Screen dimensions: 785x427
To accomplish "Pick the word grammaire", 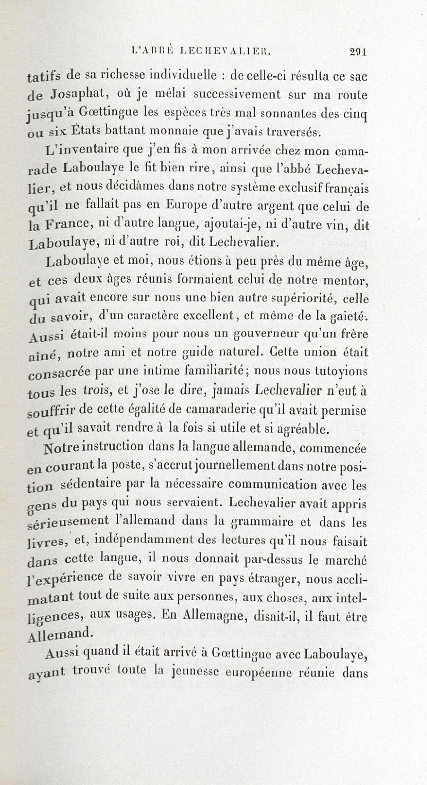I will [x=262, y=522].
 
